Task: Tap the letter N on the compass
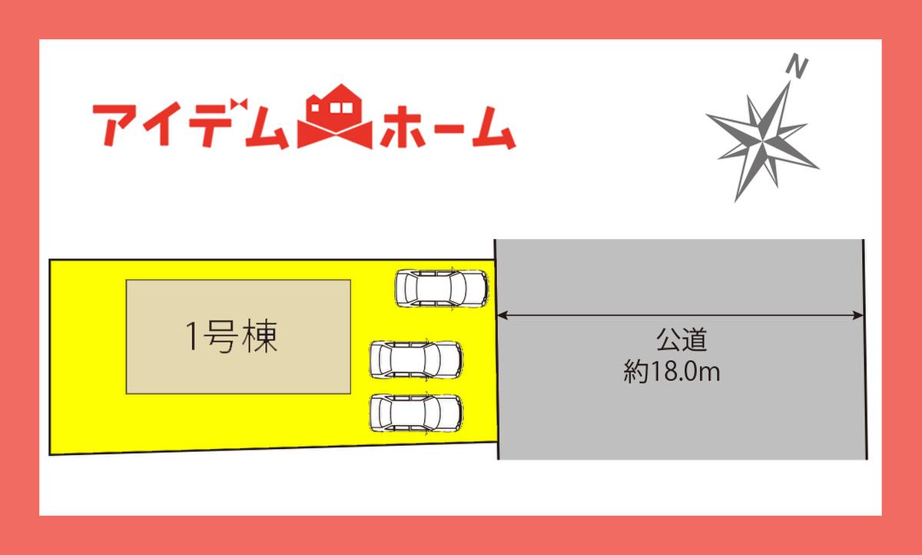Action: pos(798,68)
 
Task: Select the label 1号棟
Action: pos(231,337)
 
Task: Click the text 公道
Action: pos(681,339)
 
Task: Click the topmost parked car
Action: pos(441,288)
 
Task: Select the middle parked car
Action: pos(416,359)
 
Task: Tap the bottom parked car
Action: pos(416,413)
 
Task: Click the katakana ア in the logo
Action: pos(115,125)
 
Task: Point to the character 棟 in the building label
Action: pos(260,337)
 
